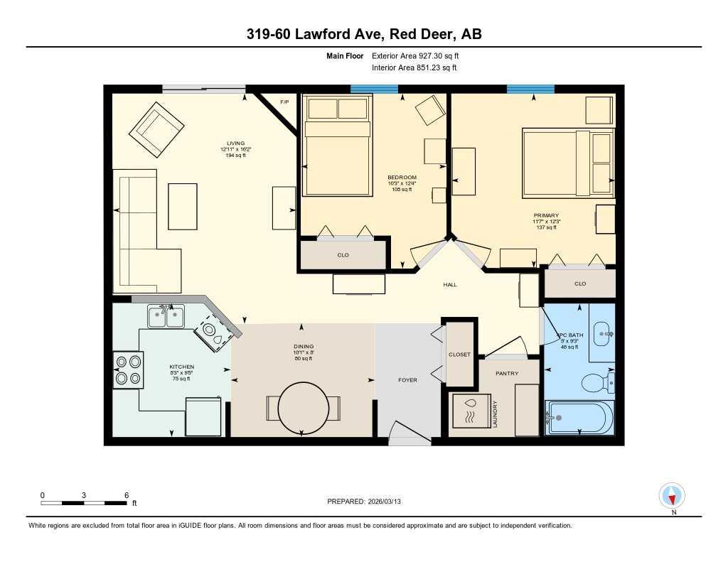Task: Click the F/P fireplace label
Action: [284, 102]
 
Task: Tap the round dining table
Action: [303, 409]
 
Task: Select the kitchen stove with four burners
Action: [128, 369]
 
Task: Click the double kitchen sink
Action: [166, 316]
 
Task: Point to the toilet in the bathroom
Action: [596, 384]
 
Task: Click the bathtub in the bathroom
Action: [579, 418]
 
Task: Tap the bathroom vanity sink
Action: [603, 333]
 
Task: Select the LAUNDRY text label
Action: [495, 415]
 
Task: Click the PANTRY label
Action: [507, 373]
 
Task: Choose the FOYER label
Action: [407, 380]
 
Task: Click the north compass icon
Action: [672, 495]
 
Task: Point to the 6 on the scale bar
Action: [126, 495]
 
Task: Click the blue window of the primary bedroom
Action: [530, 89]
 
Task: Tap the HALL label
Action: [450, 285]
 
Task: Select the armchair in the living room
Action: [156, 129]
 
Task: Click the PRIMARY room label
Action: [547, 215]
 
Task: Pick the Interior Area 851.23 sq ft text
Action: [414, 68]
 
